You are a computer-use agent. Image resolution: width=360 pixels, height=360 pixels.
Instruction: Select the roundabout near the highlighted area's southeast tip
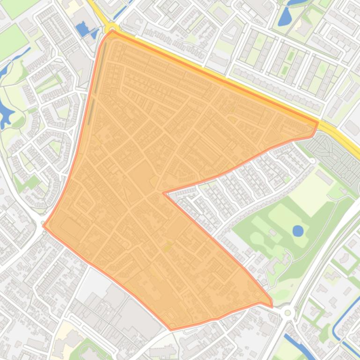(x=287, y=313)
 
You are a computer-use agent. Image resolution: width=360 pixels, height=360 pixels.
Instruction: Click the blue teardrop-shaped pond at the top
(x=285, y=17)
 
